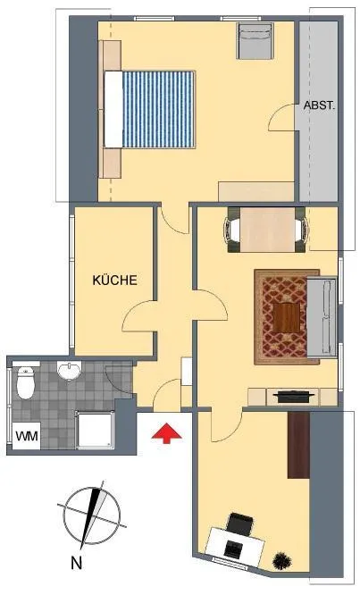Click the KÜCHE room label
click(x=114, y=280)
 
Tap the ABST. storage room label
click(x=319, y=105)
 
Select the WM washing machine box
click(x=27, y=436)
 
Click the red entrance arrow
click(x=166, y=433)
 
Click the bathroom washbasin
click(x=69, y=370)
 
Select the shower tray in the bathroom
click(x=95, y=429)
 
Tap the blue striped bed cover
click(x=158, y=109)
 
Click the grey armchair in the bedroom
click(x=255, y=40)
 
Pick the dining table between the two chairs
click(x=267, y=230)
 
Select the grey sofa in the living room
click(x=322, y=317)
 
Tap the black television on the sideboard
click(x=294, y=396)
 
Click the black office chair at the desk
click(x=239, y=524)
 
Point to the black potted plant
click(x=282, y=559)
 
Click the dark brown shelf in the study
click(x=299, y=445)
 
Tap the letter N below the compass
click(x=77, y=563)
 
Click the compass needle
click(x=91, y=515)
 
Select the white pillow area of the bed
click(x=113, y=109)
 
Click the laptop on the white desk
click(x=232, y=549)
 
